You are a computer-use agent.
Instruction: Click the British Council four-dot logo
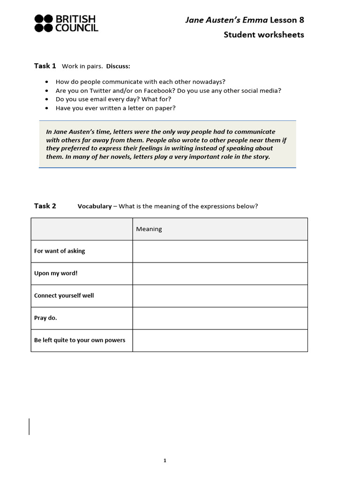(x=44, y=23)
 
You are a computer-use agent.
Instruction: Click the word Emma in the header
(x=255, y=20)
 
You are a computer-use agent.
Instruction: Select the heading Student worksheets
(x=263, y=35)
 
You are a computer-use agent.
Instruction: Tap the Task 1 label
(x=45, y=66)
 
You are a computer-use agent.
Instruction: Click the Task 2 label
(x=45, y=206)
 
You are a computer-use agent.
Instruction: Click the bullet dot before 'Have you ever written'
(x=46, y=108)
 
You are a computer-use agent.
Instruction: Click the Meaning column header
(x=149, y=229)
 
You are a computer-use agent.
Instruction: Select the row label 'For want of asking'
(x=60, y=251)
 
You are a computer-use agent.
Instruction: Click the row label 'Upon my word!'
(x=56, y=273)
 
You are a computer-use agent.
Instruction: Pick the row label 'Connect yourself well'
(x=64, y=296)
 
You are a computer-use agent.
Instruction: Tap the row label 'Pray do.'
(x=45, y=318)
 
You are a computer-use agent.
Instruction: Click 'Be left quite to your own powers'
(x=80, y=340)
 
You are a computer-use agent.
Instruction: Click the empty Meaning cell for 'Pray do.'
(x=220, y=318)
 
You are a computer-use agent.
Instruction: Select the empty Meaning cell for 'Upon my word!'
(x=220, y=274)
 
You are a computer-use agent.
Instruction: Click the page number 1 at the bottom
(x=165, y=461)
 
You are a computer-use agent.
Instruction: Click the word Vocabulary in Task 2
(x=95, y=206)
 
